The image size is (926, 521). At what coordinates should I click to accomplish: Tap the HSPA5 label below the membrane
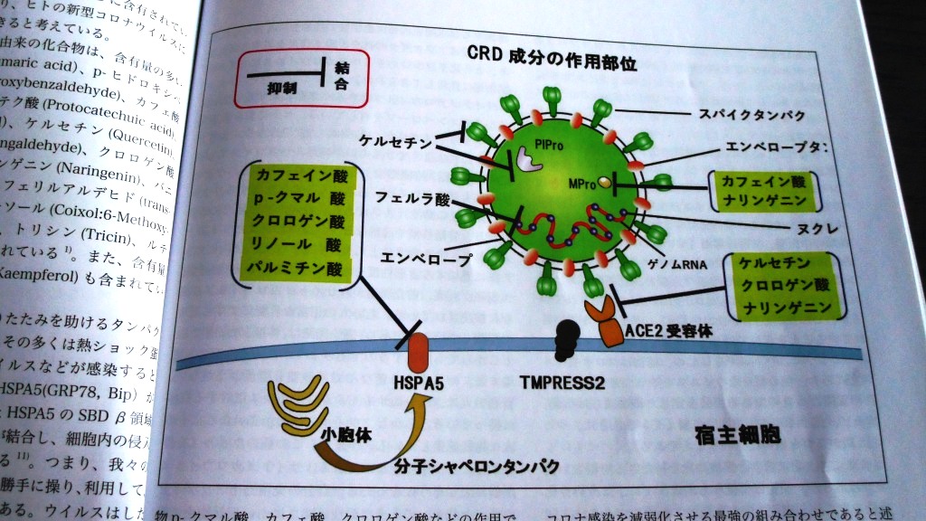tap(419, 382)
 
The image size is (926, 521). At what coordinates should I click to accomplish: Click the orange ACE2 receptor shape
tap(605, 327)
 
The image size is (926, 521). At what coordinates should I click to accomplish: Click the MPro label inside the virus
tap(581, 184)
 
